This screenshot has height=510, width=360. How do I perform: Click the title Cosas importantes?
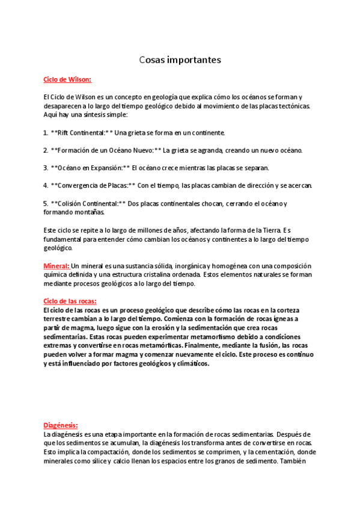180,60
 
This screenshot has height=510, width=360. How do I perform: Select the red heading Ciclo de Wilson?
67,79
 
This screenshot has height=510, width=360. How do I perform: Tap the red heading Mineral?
56,266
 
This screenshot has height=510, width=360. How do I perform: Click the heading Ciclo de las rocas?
70,301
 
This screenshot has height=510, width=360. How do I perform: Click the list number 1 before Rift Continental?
45,132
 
